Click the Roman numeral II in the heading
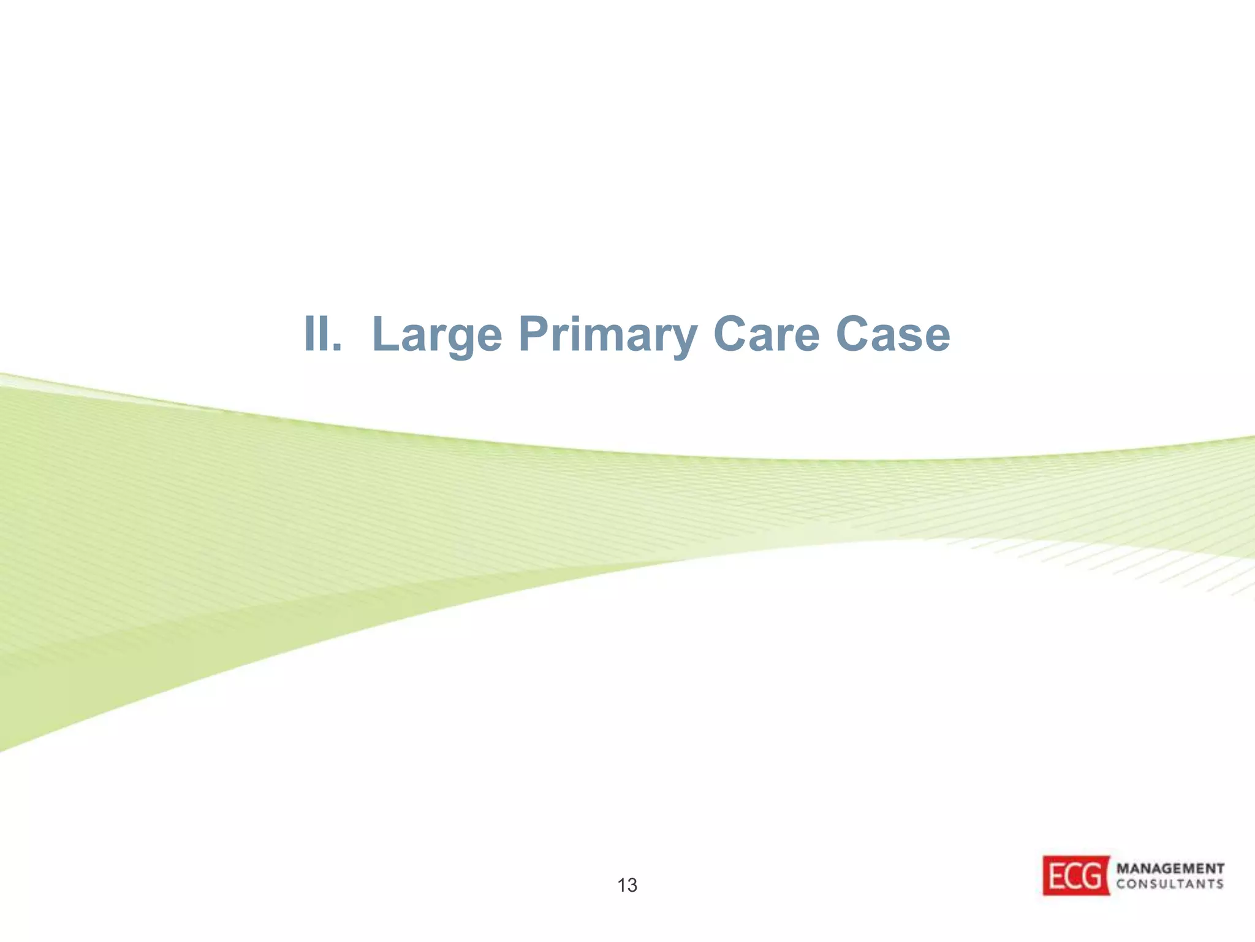(317, 334)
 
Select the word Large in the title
(437, 335)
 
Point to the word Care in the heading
(766, 334)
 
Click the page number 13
(627, 885)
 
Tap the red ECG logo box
(1076, 875)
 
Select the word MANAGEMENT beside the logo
(1170, 868)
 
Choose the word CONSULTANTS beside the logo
(1170, 884)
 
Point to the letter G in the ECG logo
(1095, 876)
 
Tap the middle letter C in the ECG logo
(1075, 876)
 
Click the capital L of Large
(385, 334)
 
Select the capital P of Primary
(533, 334)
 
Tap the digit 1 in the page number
(621, 885)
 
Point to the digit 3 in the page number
(632, 885)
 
